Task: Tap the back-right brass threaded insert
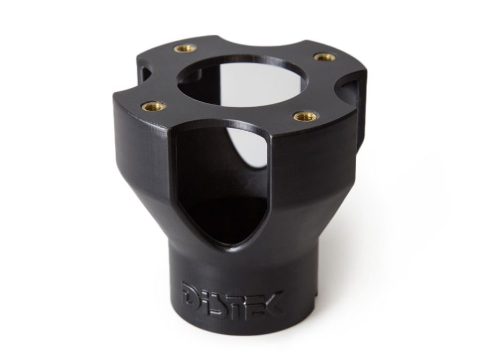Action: pos(324,56)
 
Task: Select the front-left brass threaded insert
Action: pos(147,106)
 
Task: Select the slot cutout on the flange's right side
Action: pos(351,91)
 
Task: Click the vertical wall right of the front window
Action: pos(316,161)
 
